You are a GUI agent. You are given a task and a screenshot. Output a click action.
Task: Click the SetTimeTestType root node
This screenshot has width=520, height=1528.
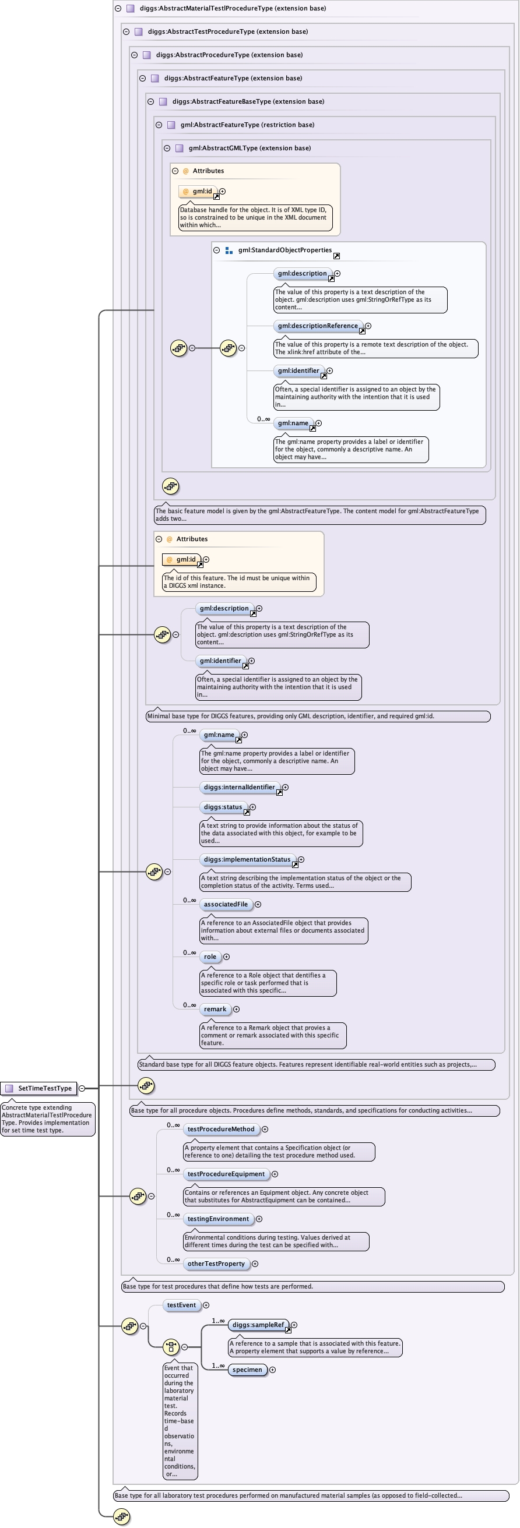click(39, 1088)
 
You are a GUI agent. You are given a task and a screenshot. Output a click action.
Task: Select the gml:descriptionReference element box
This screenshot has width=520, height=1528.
click(318, 326)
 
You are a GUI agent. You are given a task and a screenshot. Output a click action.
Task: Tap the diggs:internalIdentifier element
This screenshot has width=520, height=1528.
click(239, 787)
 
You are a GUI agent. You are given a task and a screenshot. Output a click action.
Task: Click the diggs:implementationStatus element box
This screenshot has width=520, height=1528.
click(247, 859)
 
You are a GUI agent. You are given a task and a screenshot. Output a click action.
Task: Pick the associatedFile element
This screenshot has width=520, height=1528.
click(226, 904)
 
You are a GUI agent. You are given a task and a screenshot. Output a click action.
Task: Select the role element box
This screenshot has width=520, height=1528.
click(210, 956)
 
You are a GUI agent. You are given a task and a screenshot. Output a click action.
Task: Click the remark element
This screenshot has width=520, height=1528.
click(215, 1008)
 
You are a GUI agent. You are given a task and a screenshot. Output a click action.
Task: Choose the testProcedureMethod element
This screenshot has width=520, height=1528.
click(221, 1129)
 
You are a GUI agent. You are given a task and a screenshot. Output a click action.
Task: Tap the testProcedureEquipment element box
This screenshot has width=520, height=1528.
click(226, 1174)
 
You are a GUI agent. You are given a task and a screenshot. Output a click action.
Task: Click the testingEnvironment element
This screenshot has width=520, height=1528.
click(219, 1218)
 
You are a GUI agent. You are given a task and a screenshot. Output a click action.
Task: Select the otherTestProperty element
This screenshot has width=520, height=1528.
click(216, 1264)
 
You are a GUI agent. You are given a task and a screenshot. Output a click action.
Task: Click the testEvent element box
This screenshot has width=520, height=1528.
click(181, 1305)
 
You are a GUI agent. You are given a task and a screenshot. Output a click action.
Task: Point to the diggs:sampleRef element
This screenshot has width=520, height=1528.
click(258, 1325)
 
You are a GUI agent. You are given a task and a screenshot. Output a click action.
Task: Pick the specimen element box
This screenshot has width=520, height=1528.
click(248, 1370)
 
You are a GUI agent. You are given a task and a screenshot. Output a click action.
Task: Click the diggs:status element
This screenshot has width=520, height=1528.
click(223, 807)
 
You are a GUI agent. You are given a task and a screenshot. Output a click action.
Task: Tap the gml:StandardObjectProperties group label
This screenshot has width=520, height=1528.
click(285, 250)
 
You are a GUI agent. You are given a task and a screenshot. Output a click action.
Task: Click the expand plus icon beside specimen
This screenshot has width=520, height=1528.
click(272, 1370)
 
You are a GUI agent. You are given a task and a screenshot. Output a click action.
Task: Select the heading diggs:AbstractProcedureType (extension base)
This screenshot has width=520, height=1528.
click(229, 55)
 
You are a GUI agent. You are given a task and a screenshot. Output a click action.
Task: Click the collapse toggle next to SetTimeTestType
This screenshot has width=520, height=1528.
click(82, 1088)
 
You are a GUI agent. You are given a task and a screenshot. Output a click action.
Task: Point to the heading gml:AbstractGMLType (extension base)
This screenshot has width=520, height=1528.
click(250, 148)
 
